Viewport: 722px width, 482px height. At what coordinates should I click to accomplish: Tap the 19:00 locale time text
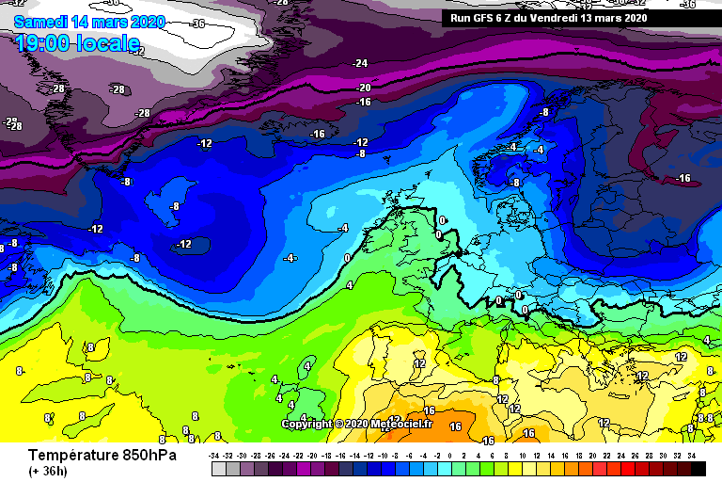pyautogui.click(x=78, y=42)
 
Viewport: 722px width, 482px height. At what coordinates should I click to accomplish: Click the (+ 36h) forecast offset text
pyautogui.click(x=47, y=472)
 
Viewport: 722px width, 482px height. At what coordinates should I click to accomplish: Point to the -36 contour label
pyautogui.click(x=197, y=24)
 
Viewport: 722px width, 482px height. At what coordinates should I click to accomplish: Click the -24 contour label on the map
pyautogui.click(x=360, y=63)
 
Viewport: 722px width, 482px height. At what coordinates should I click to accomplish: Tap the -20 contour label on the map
pyautogui.click(x=364, y=88)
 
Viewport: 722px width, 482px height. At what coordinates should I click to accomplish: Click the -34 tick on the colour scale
pyautogui.click(x=214, y=455)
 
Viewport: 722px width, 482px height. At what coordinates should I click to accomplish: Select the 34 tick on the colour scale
pyautogui.click(x=691, y=455)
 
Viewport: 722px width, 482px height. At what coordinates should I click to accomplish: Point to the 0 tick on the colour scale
pyautogui.click(x=451, y=455)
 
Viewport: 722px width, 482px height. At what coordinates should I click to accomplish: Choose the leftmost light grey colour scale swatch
pyautogui.click(x=219, y=468)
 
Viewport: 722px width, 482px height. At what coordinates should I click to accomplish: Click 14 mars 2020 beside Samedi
pyautogui.click(x=118, y=22)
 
